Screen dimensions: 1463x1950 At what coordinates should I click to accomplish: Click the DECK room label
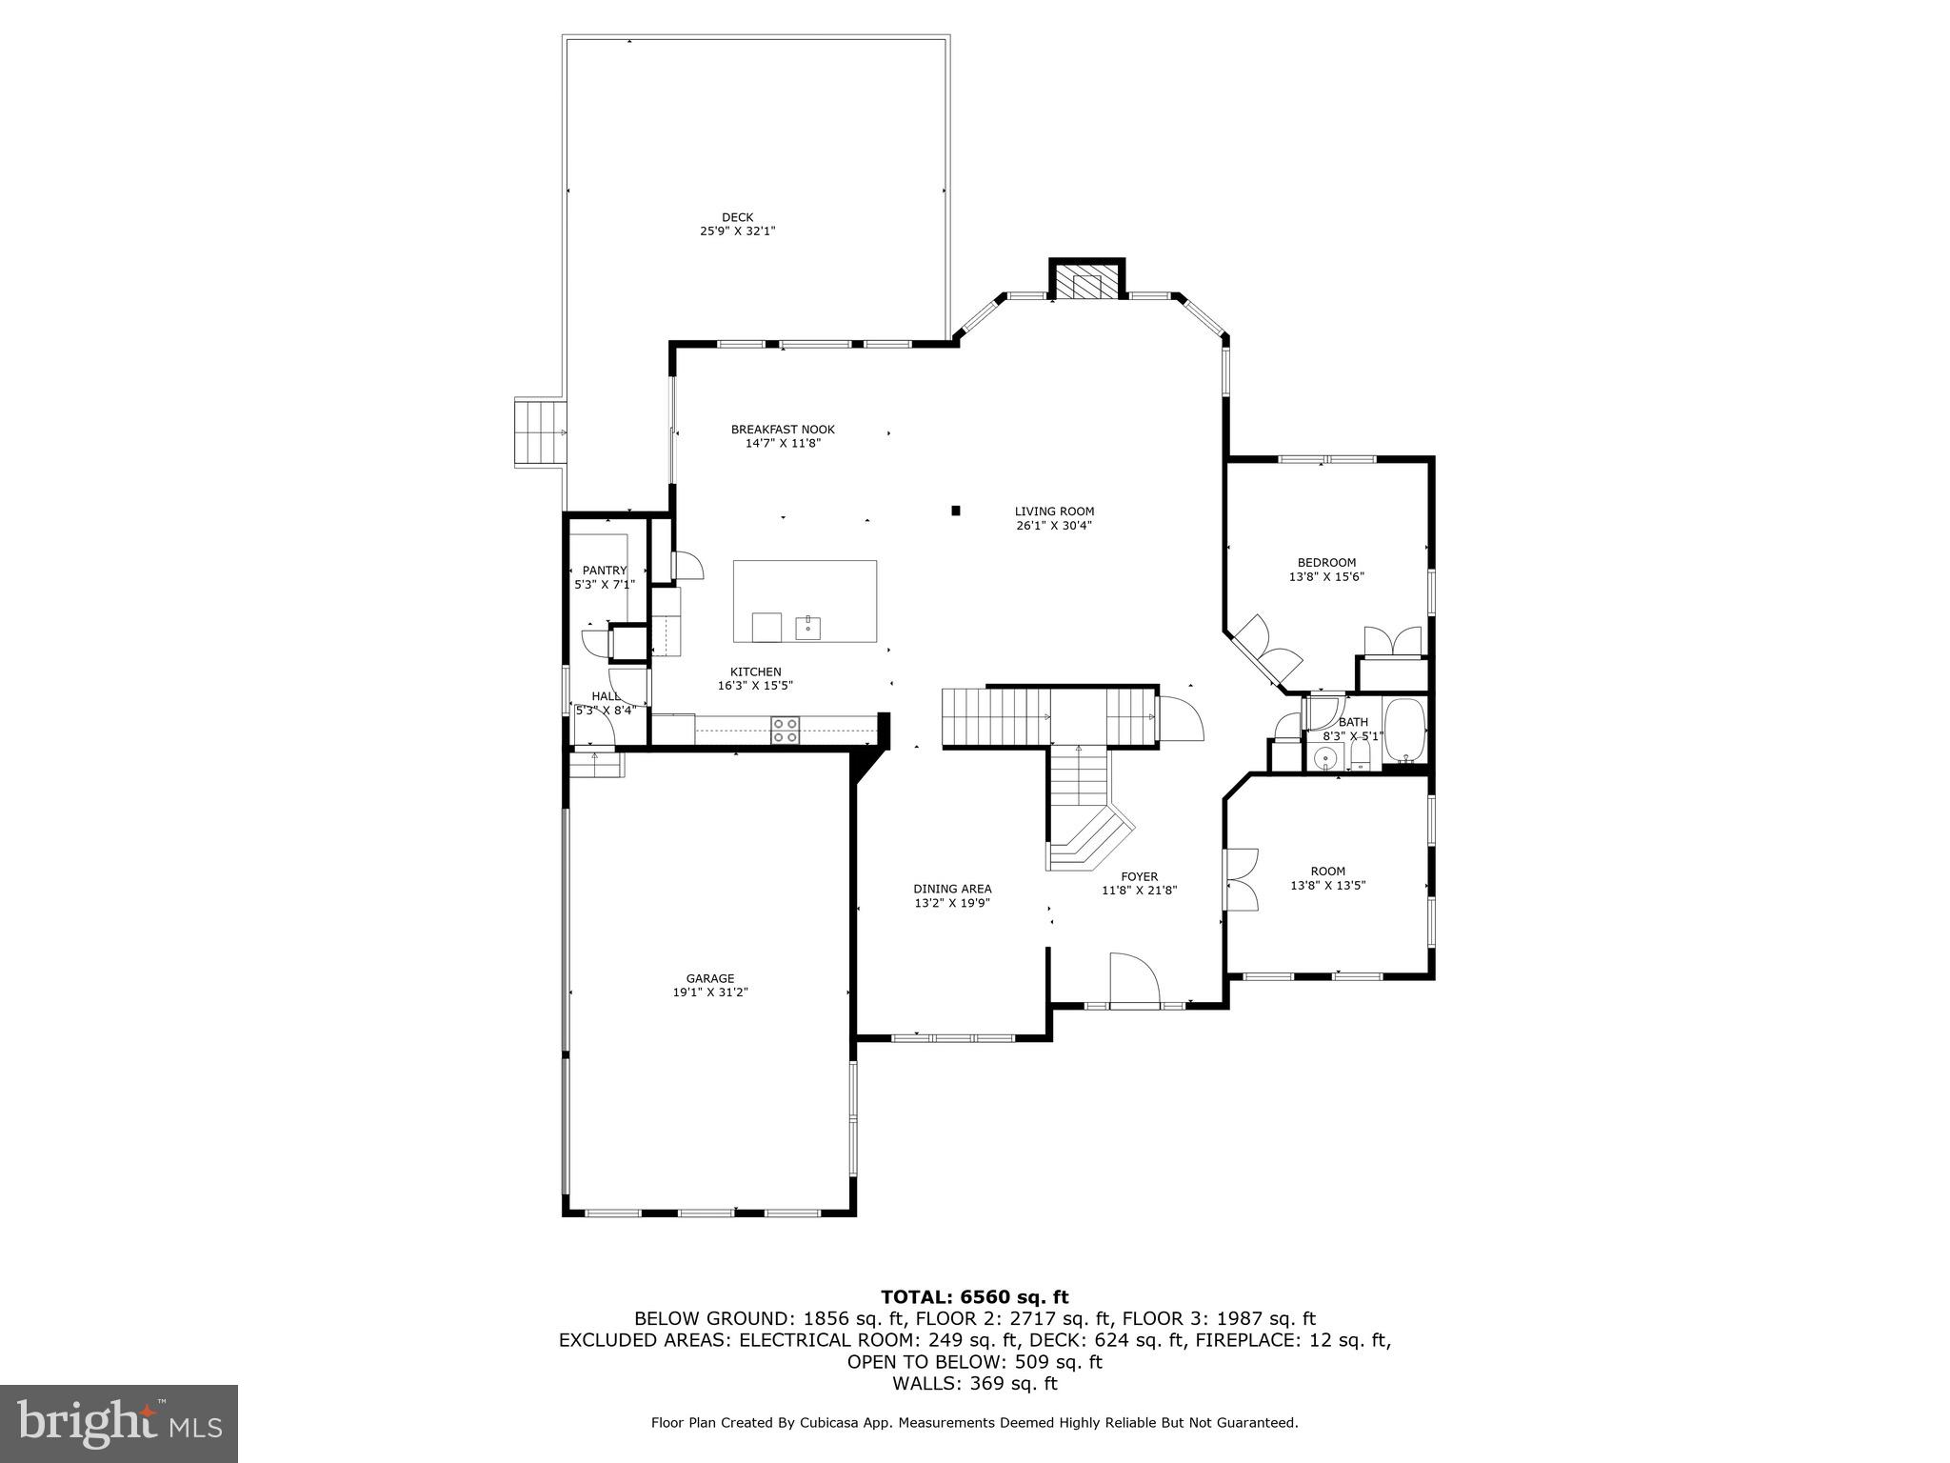pos(737,217)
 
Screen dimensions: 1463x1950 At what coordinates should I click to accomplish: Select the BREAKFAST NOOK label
pos(783,430)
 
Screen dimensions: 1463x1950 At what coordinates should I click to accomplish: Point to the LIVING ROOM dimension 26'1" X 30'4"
pos(1053,525)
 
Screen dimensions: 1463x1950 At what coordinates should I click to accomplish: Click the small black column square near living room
pos(956,511)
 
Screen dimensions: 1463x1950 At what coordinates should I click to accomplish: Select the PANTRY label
pos(605,571)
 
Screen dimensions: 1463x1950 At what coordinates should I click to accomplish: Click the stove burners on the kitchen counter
pos(786,730)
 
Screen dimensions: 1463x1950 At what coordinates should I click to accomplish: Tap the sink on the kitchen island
pos(807,627)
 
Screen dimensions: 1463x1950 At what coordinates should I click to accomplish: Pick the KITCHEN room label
pos(755,671)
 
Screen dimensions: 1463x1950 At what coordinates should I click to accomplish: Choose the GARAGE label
pos(710,978)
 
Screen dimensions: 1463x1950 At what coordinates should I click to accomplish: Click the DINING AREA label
pos(952,889)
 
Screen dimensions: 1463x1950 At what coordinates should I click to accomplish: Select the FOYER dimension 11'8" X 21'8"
pos(1139,891)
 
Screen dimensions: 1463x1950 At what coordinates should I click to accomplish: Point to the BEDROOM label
pos(1326,563)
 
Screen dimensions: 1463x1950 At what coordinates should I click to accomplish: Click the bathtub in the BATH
pos(1404,730)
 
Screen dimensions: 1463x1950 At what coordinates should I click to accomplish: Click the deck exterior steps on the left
pos(541,431)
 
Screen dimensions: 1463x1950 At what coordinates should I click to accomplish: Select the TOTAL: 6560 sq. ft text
pos(974,1296)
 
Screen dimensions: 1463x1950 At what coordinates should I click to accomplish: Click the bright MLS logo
pos(119,1423)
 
